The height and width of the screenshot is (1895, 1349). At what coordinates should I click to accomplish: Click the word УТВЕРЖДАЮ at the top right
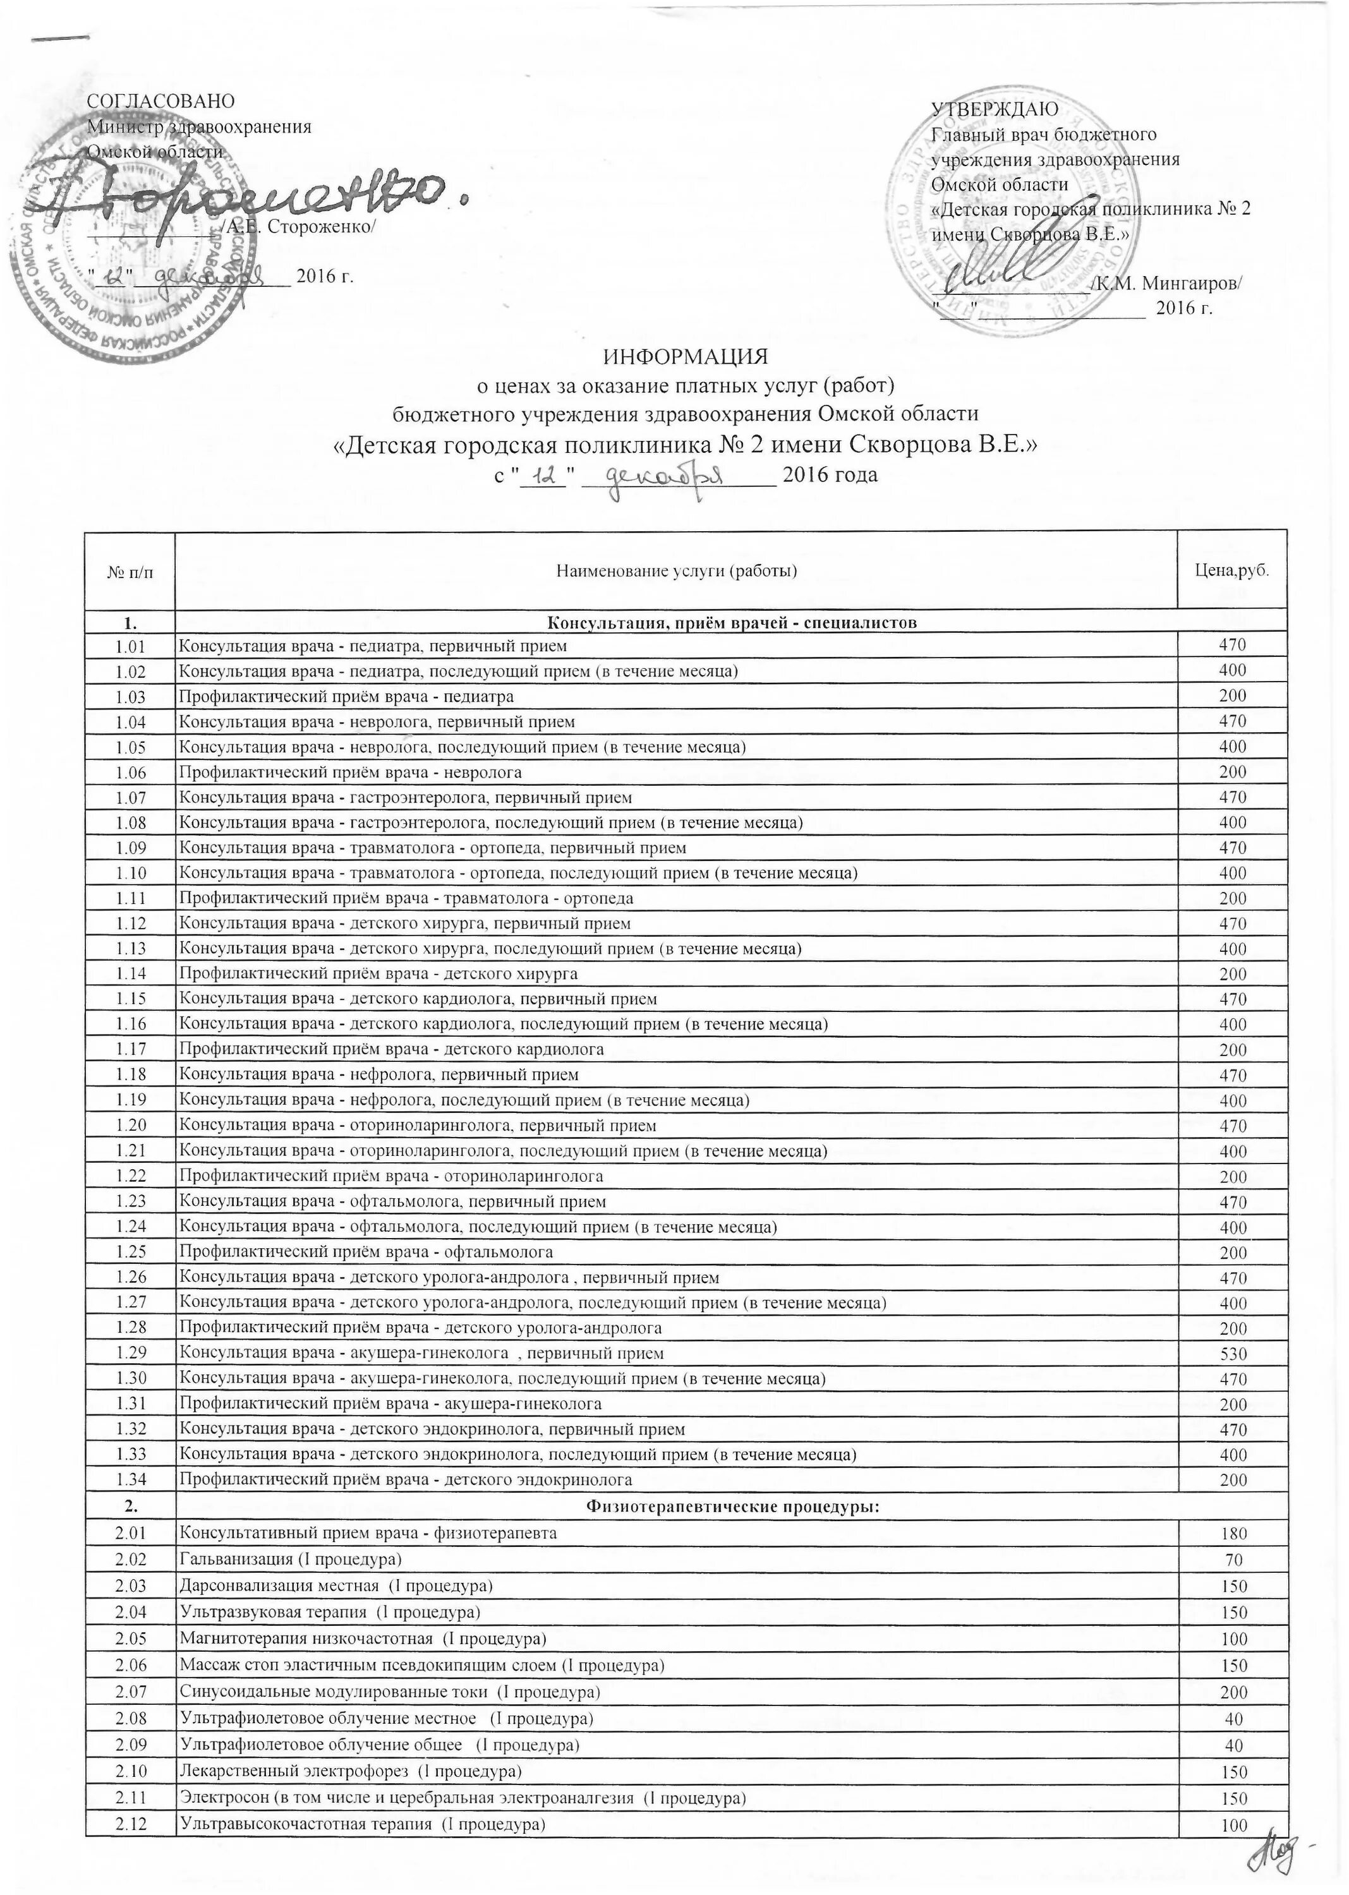(x=993, y=109)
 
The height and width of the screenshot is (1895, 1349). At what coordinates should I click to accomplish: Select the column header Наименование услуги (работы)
(x=676, y=570)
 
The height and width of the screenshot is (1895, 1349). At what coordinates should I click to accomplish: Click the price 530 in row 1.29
(x=1233, y=1354)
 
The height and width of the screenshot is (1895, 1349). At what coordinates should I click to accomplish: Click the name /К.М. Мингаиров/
(x=1167, y=283)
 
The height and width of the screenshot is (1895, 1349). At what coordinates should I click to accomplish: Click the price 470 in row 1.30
(x=1233, y=1380)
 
